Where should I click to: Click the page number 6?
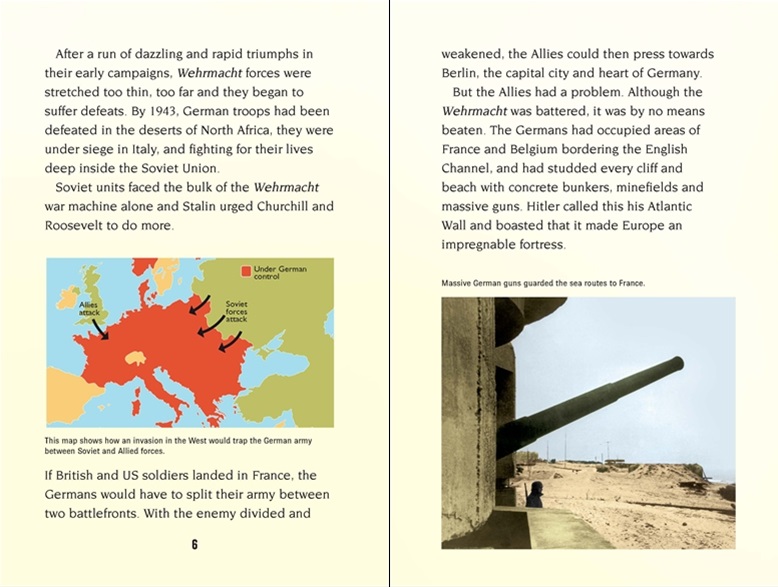click(x=195, y=544)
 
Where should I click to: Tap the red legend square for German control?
click(x=245, y=271)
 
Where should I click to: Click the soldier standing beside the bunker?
click(x=535, y=494)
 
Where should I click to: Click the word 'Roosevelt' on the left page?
click(x=76, y=226)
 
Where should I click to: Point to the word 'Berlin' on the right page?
click(x=464, y=73)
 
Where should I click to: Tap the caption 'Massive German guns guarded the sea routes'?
click(x=543, y=283)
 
